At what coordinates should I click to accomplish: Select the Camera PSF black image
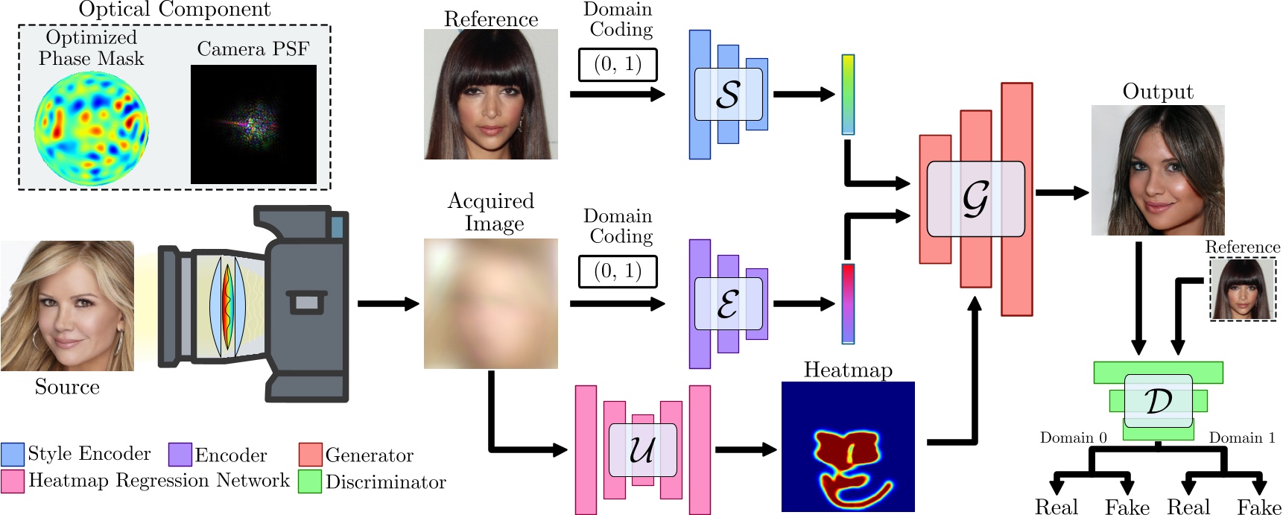click(x=253, y=124)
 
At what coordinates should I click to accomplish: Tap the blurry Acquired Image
click(x=490, y=303)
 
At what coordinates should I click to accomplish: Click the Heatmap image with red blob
click(x=847, y=446)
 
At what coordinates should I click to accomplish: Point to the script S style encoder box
click(x=728, y=95)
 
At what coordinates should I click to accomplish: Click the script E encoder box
click(x=728, y=304)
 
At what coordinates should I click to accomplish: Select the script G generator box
click(x=975, y=199)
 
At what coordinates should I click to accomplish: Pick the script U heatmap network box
click(x=642, y=450)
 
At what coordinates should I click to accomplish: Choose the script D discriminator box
click(x=1158, y=400)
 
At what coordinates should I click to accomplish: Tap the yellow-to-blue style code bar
click(x=848, y=94)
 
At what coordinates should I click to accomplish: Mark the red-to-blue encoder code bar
click(x=848, y=303)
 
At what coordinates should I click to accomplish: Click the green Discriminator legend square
click(x=310, y=481)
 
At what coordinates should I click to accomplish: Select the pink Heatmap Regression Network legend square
click(x=13, y=481)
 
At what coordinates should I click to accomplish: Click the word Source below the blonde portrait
click(x=67, y=387)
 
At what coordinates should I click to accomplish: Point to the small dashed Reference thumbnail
click(x=1242, y=289)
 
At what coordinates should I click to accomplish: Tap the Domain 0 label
click(x=1073, y=437)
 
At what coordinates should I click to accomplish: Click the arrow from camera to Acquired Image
click(x=388, y=303)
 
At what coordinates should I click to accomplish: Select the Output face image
click(x=1157, y=170)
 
